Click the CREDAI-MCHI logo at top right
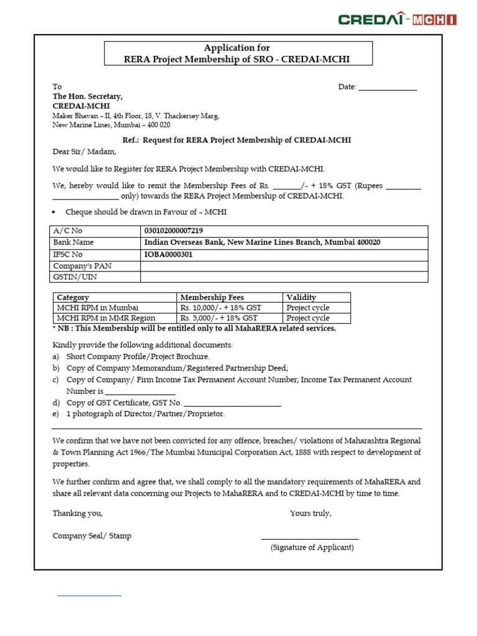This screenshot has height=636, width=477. pos(397,19)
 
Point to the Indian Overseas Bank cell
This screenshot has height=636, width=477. pos(262,243)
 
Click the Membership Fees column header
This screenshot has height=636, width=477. pos(211,298)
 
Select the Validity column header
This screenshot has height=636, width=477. pos(301,298)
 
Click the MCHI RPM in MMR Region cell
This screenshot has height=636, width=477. pos(106,319)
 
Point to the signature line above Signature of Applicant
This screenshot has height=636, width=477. pos(310,538)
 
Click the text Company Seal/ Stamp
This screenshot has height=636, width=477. pos(92,535)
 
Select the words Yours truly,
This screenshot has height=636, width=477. pos(311,514)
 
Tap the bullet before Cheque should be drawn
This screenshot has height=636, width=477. pos(55,212)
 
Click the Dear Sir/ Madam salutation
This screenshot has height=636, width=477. pos(84,152)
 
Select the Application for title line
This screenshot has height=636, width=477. pos(237,48)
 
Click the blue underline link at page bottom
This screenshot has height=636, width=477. pos(89,596)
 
